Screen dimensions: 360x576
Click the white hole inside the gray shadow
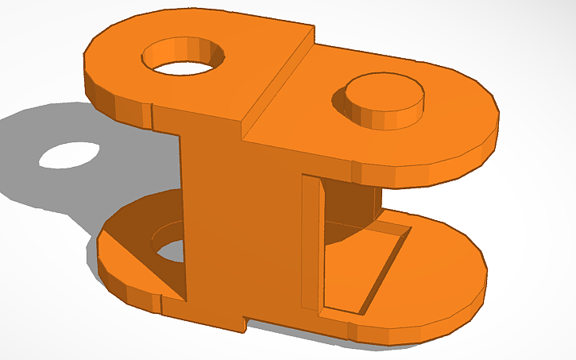70,155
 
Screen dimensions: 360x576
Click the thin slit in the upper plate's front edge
151,115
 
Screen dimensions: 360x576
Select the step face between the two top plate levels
278,79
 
